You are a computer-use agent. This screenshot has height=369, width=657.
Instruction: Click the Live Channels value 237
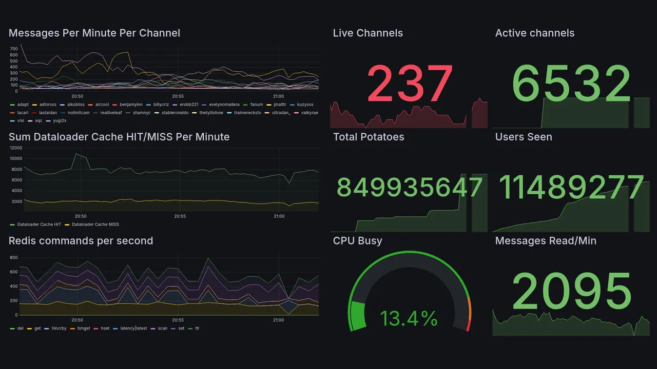pos(410,84)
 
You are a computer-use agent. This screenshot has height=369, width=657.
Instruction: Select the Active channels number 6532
pos(572,84)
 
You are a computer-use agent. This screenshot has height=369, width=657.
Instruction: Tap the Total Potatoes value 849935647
pos(410,188)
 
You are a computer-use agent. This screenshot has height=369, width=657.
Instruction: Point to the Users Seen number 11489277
pos(572,188)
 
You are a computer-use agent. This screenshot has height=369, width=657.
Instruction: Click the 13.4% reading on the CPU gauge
pos(409,319)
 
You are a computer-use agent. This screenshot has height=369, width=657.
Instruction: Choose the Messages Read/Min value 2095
pos(572,292)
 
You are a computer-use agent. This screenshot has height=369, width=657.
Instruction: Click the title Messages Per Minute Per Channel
pos(94,33)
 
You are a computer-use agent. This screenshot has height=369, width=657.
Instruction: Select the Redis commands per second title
pos(81,241)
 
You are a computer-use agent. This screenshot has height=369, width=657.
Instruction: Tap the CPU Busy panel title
pos(357,241)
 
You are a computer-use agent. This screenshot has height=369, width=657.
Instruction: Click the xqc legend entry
pos(38,120)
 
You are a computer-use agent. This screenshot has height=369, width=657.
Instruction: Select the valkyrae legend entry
pos(310,112)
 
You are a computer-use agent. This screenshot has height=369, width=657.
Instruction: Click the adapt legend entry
pos(23,105)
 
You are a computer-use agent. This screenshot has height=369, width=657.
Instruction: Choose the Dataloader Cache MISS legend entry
pos(95,224)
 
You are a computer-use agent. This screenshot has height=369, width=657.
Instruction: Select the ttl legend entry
pos(197,329)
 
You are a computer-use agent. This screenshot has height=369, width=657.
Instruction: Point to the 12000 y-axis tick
pos(15,148)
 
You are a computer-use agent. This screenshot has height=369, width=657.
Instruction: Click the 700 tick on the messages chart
pos(14,48)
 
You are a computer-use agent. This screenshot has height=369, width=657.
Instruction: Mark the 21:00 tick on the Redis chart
pos(278,320)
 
